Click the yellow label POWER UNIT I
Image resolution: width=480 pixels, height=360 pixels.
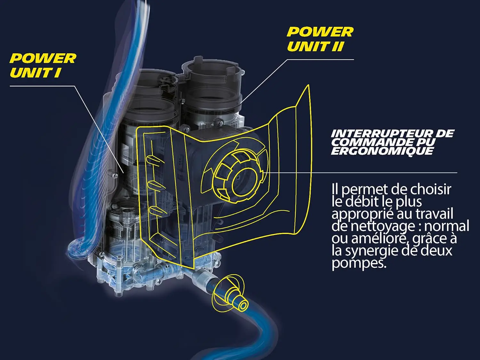pyautogui.click(x=43, y=65)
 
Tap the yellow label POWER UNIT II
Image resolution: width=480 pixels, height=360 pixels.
pyautogui.click(x=320, y=39)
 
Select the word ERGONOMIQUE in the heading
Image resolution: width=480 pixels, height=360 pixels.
pyautogui.click(x=382, y=151)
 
